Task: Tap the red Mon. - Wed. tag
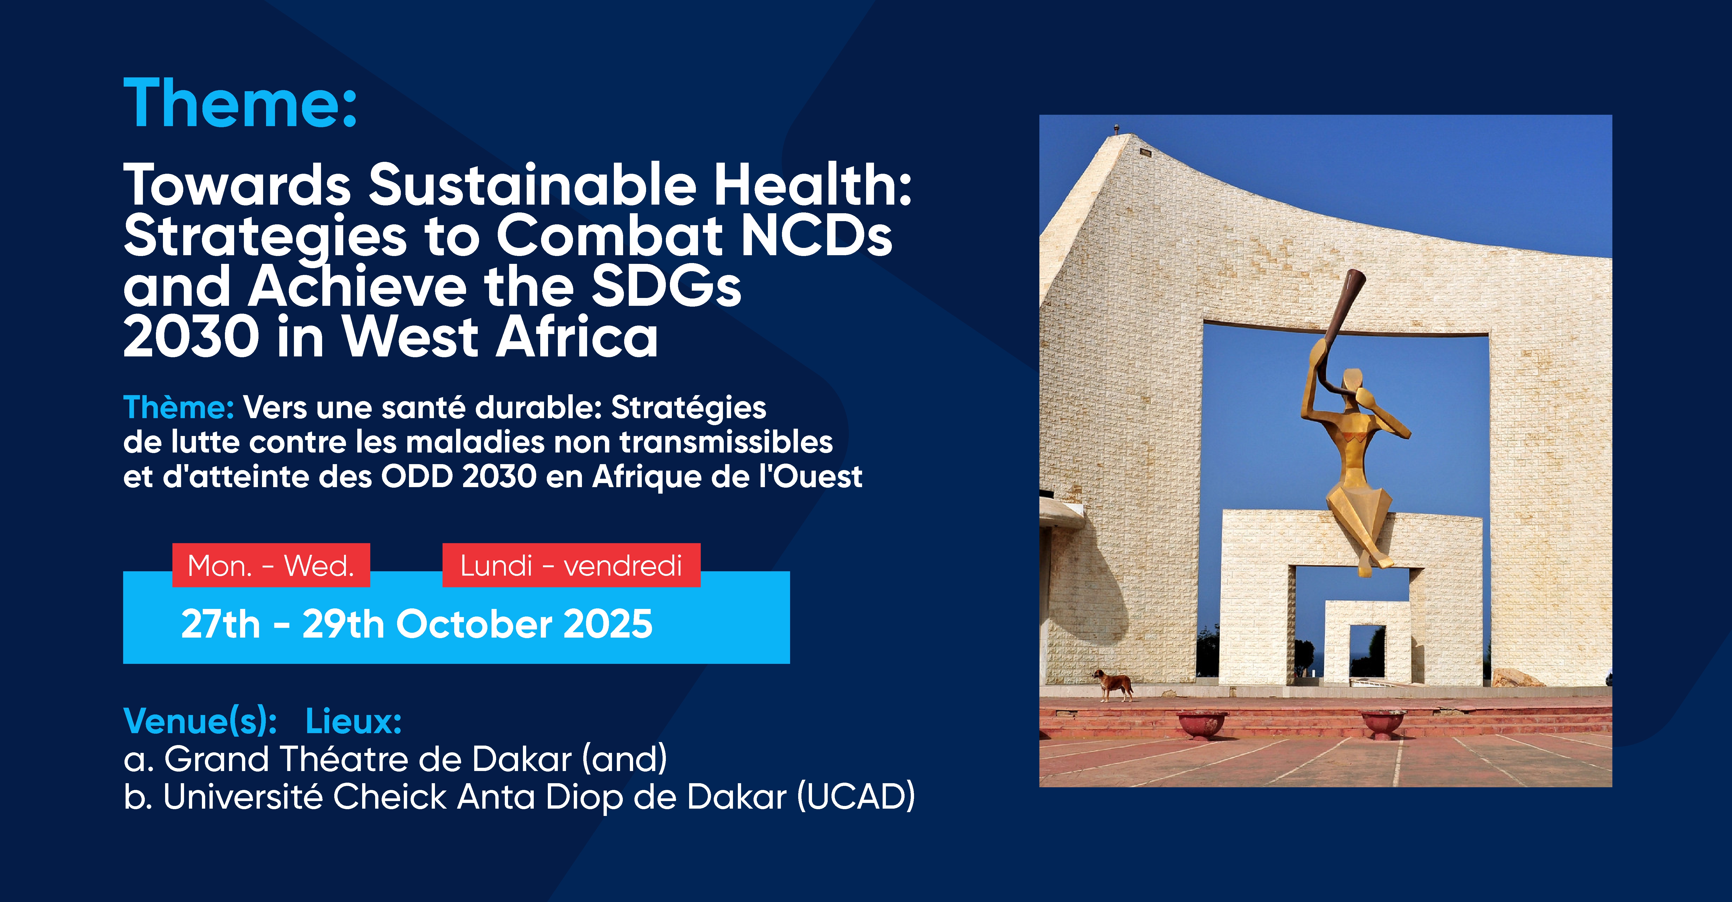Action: click(x=271, y=565)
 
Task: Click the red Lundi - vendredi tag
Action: click(x=571, y=565)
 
